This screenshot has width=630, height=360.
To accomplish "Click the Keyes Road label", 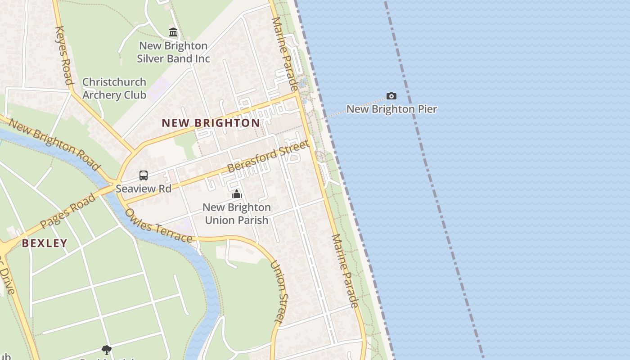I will [63, 55].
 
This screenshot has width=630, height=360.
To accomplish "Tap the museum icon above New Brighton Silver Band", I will [173, 32].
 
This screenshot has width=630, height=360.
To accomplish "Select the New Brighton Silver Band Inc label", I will [173, 52].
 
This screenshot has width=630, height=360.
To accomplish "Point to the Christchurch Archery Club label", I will [114, 89].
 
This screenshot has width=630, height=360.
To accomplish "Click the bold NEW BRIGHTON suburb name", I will [211, 123].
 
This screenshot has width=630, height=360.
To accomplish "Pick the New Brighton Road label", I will [54, 144].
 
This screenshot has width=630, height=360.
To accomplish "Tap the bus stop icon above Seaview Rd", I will [144, 175].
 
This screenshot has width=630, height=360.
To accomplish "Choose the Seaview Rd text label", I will [144, 189].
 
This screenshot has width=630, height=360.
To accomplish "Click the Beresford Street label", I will [268, 156].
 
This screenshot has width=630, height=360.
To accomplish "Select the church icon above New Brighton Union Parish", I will [237, 194].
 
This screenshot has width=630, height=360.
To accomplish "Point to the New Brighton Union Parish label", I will [237, 214].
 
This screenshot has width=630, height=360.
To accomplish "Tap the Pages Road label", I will [67, 211].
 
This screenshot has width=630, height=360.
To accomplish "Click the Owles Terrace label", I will [158, 225].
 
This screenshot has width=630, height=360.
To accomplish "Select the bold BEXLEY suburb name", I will [45, 243].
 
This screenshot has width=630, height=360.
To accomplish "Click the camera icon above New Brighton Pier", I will [391, 96].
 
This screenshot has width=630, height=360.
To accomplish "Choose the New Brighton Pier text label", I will [391, 109].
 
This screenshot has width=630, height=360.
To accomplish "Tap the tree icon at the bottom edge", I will [107, 350].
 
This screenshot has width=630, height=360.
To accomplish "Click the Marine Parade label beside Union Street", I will [345, 271].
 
